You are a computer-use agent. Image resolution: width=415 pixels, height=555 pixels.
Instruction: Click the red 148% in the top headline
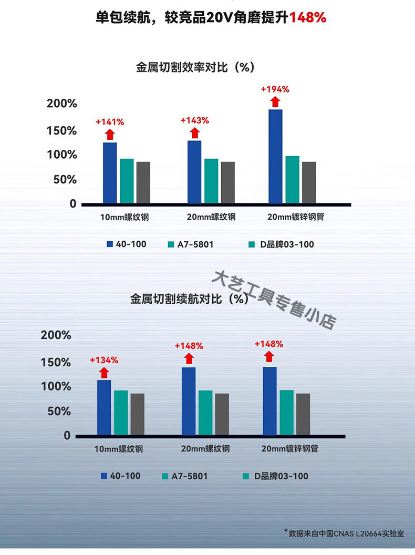pyautogui.click(x=308, y=18)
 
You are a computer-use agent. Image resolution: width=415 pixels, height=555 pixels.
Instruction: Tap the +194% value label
pyautogui.click(x=275, y=89)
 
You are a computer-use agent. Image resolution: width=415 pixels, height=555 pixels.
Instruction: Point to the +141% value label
pyautogui.click(x=110, y=122)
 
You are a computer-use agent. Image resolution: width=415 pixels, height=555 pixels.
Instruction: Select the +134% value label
pyautogui.click(x=104, y=360)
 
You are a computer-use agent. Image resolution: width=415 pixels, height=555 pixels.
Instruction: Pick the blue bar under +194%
pyautogui.click(x=275, y=156)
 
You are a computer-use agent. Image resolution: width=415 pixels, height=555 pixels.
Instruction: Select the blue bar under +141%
pyautogui.click(x=110, y=172)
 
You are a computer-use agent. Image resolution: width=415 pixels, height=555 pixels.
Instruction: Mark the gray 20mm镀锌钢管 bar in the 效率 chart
pyautogui.click(x=309, y=182)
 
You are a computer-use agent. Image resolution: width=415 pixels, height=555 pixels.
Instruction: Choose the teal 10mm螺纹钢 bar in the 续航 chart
pyautogui.click(x=121, y=413)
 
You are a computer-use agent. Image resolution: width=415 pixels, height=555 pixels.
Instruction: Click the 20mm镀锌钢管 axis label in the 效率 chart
pyautogui.click(x=295, y=217)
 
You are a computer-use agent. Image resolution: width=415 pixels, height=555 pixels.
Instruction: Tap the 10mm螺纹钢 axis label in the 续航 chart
pyautogui.click(x=119, y=449)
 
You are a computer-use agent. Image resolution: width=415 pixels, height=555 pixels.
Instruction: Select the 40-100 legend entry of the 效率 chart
pyautogui.click(x=127, y=244)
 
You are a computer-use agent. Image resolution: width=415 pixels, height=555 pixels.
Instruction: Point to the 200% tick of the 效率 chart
pyautogui.click(x=62, y=104)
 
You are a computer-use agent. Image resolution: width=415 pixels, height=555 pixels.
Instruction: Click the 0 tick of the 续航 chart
pyautogui.click(x=67, y=436)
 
